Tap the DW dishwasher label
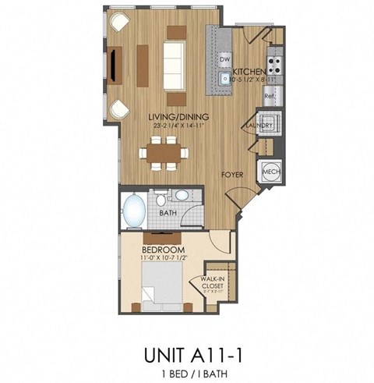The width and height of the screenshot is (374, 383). pyautogui.click(x=225, y=59)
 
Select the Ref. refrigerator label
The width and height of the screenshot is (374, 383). pyautogui.click(x=269, y=97)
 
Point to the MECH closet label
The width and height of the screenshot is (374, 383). pyautogui.click(x=271, y=172)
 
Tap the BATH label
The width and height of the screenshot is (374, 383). pyautogui.click(x=167, y=212)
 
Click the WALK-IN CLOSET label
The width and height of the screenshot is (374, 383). pyautogui.click(x=213, y=282)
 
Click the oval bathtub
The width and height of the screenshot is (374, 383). pyautogui.click(x=132, y=210)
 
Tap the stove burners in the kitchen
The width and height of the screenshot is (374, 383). pyautogui.click(x=274, y=61)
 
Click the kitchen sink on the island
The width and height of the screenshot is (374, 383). pyautogui.click(x=224, y=77)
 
